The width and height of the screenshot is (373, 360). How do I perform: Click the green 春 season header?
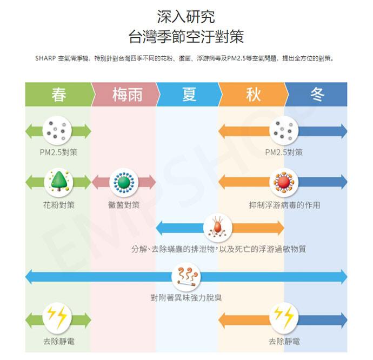[58, 95]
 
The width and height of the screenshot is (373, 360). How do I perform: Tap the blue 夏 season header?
[189, 95]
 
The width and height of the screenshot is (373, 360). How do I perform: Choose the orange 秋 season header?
[253, 95]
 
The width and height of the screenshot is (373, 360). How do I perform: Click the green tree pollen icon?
[58, 182]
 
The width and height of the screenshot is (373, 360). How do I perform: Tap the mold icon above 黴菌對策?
[124, 182]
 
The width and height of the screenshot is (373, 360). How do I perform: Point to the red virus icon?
[284, 182]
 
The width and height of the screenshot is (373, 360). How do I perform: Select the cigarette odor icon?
[186, 276]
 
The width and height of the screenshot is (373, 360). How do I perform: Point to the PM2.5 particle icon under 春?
[58, 130]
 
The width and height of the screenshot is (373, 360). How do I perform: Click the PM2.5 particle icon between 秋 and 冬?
[284, 130]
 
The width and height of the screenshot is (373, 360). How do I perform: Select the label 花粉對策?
[58, 205]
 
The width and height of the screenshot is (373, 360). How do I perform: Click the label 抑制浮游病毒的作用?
[284, 205]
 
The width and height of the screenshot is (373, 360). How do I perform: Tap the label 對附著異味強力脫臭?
[186, 297]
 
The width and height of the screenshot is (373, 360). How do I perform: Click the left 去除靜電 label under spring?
[58, 342]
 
